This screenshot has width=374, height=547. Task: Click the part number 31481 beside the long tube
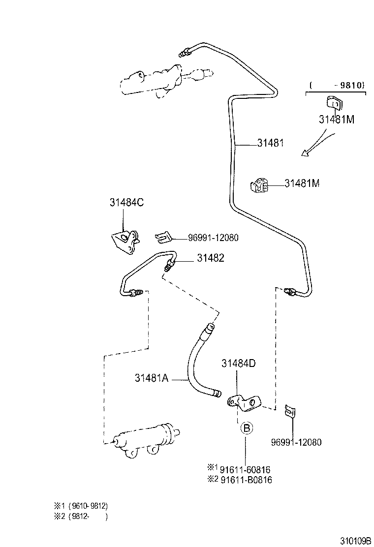[x=270, y=143]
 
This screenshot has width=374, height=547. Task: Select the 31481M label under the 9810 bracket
[x=336, y=119]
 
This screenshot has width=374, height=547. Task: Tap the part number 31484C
[x=126, y=202]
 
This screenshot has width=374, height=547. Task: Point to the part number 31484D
[x=239, y=364]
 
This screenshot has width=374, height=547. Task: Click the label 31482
[x=211, y=258]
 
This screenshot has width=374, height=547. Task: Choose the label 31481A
[x=152, y=378]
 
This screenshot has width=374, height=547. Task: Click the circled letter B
[x=247, y=428]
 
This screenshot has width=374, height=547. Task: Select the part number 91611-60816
[x=246, y=470]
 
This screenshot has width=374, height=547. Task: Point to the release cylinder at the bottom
[x=145, y=439]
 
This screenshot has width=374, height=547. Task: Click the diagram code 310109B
[x=355, y=541]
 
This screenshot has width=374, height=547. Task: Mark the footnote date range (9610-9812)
[x=88, y=506]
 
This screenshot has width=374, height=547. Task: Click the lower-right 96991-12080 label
[x=296, y=442]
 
